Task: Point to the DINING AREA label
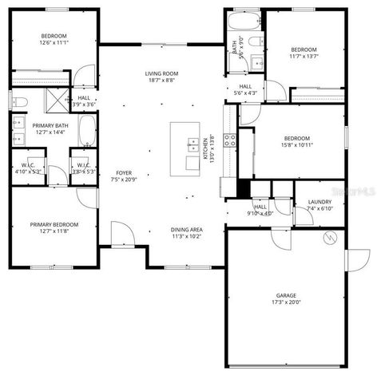[186, 230]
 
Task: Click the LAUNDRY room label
[319, 202]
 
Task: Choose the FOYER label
[124, 172]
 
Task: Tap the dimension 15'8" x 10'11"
[296, 144]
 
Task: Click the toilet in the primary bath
[21, 101]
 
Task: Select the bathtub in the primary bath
[87, 129]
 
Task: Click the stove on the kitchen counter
[229, 140]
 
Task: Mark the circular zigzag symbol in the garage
[329, 237]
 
